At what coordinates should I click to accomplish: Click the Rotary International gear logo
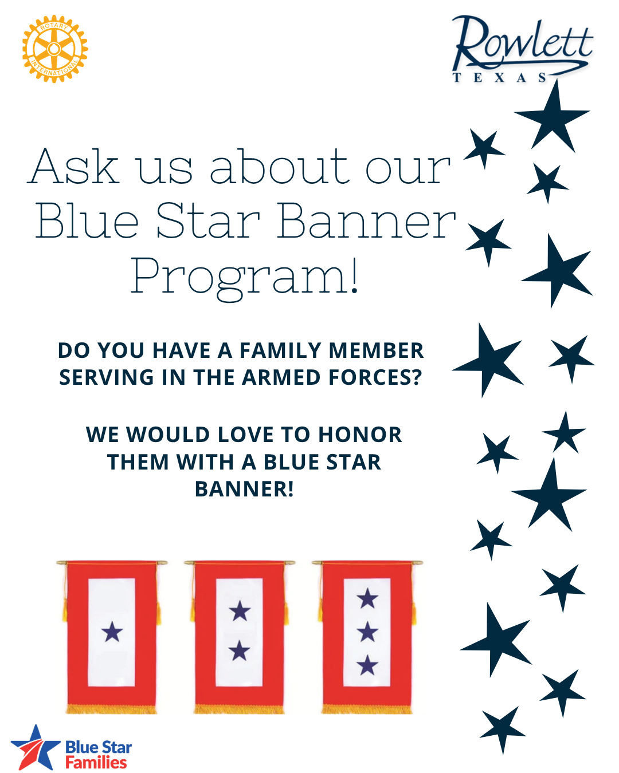pyautogui.click(x=54, y=49)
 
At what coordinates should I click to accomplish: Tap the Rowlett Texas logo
pyautogui.click(x=522, y=49)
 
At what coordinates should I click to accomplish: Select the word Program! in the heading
pyautogui.click(x=245, y=277)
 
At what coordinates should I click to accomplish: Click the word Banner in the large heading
pyautogui.click(x=366, y=222)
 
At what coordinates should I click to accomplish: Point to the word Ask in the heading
pyautogui.click(x=75, y=167)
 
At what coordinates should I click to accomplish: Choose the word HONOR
pyautogui.click(x=360, y=435)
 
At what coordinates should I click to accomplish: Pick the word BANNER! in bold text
pyautogui.click(x=244, y=489)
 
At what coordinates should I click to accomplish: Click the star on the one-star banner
pyautogui.click(x=112, y=632)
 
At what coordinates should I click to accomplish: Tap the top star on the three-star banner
pyautogui.click(x=367, y=599)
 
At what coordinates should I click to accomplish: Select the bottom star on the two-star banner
pyautogui.click(x=240, y=651)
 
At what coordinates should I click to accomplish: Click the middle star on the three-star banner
pyautogui.click(x=367, y=632)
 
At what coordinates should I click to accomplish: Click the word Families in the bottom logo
pyautogui.click(x=96, y=763)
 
